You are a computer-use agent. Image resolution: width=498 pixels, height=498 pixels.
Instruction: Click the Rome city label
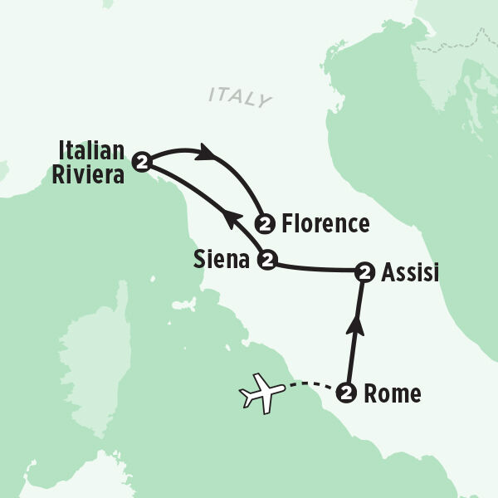pyautogui.click(x=393, y=394)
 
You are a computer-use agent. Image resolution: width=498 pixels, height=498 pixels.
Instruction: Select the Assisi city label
pyautogui.click(x=410, y=271)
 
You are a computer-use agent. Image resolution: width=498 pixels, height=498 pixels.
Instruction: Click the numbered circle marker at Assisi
pyautogui.click(x=363, y=271)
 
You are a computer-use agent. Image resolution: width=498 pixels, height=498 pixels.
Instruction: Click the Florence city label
pyautogui.click(x=325, y=223)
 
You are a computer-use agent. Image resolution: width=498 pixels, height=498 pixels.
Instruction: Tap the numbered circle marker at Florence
pyautogui.click(x=265, y=223)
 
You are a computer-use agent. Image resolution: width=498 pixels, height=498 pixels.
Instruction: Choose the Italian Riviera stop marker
pyautogui.click(x=143, y=161)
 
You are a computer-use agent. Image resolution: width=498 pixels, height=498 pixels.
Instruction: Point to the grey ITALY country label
pyautogui.click(x=240, y=97)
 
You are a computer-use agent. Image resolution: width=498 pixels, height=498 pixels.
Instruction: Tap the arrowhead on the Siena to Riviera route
pyautogui.click(x=233, y=219)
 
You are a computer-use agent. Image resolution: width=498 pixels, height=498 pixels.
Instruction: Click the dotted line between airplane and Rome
pyautogui.click(x=310, y=385)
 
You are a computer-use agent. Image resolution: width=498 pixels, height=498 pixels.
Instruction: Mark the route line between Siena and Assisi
pyautogui.click(x=315, y=268)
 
